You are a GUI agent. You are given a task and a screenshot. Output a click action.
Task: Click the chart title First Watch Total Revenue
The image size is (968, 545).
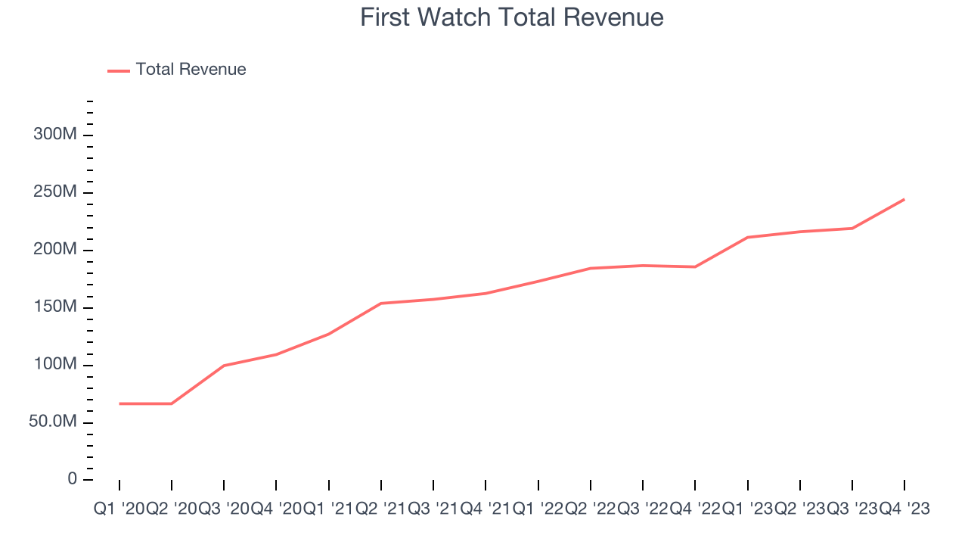coord(511,17)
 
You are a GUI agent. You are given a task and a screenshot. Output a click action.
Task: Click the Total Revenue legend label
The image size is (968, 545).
coord(191,70)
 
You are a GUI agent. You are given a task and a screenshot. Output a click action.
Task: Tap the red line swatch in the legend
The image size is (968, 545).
coord(119,70)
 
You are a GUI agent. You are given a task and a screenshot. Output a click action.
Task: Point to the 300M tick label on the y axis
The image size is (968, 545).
coord(54,135)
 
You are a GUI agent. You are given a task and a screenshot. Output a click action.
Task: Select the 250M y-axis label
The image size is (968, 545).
coord(54,192)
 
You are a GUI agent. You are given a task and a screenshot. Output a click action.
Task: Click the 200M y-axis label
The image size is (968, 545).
coord(54,250)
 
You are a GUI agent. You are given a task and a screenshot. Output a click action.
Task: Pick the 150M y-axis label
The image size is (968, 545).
coord(54,307)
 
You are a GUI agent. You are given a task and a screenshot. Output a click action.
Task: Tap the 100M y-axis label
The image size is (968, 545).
coord(54,365)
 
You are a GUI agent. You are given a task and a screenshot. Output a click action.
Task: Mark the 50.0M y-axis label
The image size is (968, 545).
coord(52,422)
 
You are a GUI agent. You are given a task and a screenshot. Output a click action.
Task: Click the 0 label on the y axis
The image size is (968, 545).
coord(72,479)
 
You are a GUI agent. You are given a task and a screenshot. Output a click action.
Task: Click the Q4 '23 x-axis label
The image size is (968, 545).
coord(904,509)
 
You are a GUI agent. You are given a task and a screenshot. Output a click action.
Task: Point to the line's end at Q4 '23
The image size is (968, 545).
coord(904,199)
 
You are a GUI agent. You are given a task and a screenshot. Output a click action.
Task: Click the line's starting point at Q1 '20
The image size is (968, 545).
coord(119,403)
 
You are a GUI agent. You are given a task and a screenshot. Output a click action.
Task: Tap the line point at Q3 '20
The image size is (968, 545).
coord(224,366)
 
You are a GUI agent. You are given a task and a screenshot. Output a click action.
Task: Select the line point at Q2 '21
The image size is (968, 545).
coord(381,304)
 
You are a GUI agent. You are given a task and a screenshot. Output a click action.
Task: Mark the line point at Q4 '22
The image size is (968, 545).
coord(695,266)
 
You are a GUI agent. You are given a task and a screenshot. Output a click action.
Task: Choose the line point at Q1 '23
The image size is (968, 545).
coord(747,238)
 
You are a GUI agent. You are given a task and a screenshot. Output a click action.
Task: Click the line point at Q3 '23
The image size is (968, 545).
coord(852,228)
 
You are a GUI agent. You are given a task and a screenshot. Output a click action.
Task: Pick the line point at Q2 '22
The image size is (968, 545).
coord(591,268)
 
